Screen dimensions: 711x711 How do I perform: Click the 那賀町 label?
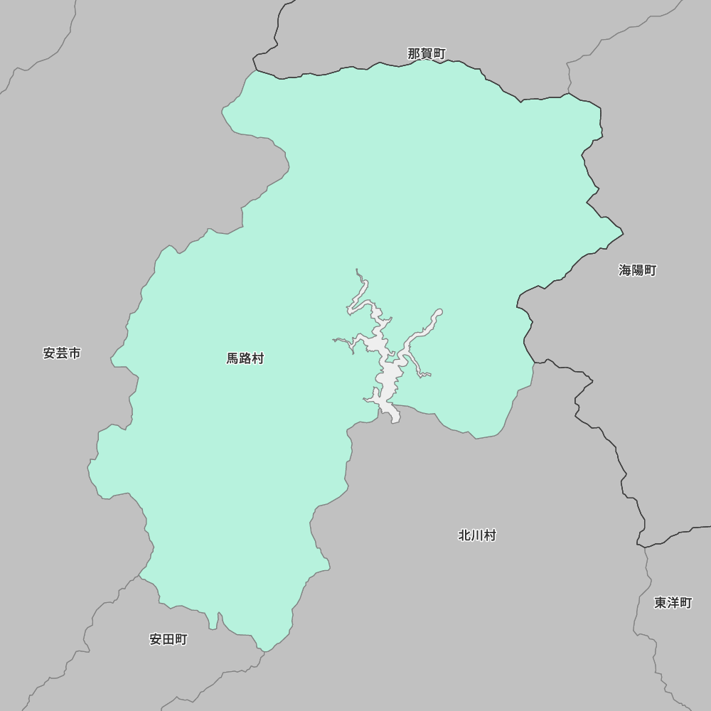coord(427,54)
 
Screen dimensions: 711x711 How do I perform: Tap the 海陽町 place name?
coord(637,270)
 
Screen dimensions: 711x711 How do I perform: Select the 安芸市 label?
coord(62,353)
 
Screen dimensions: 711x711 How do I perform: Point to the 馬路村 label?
coord(245,359)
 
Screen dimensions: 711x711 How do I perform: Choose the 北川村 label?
coord(477,535)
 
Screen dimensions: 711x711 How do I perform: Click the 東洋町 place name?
coord(673,603)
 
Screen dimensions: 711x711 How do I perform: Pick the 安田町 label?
coord(169,639)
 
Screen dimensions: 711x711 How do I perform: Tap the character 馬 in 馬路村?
coord(233,359)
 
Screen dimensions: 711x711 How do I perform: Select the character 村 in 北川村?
coord(489,535)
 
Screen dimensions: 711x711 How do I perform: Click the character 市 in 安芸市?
coord(74,353)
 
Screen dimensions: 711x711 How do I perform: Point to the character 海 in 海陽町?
coord(625,270)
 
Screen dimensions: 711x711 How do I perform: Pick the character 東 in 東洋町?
coord(661,603)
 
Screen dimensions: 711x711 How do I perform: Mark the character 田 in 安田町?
coord(169,639)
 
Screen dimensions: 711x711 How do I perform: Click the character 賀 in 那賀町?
coord(427,54)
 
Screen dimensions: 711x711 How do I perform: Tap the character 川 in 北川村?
coord(477,535)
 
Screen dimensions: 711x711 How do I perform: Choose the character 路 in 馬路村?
coord(245,359)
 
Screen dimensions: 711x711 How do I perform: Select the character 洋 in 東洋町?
coord(673,603)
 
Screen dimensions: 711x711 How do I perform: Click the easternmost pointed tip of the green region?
coord(623,232)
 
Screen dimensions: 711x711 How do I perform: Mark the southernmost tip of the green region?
coord(264,651)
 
